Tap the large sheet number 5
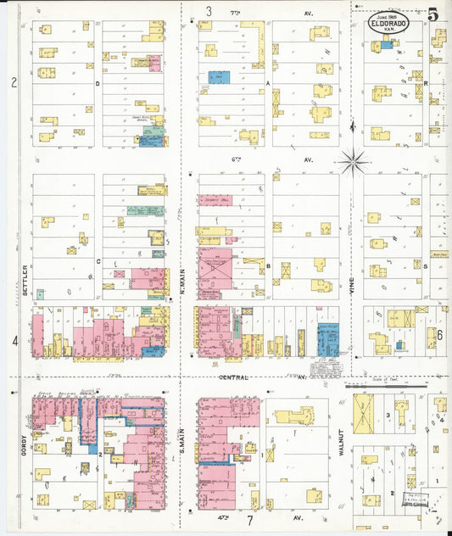tap(433, 14)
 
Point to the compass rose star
tap(352, 159)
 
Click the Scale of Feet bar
tap(386, 386)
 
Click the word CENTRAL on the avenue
tap(234, 377)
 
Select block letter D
tap(98, 84)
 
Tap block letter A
tap(267, 84)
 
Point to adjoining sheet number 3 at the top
tap(209, 12)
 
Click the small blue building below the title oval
tap(387, 45)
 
